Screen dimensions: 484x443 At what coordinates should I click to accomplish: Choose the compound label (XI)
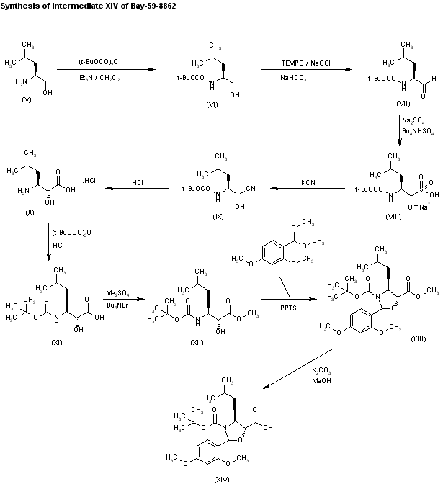57,343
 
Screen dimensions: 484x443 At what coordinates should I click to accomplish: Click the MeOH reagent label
321,380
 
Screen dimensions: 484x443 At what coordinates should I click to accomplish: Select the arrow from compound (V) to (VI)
107,70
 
